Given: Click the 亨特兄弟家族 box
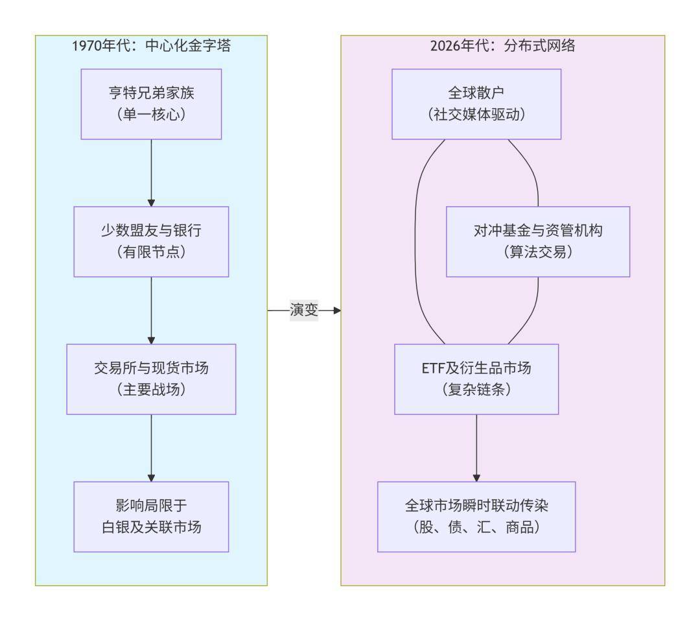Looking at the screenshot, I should (x=151, y=104).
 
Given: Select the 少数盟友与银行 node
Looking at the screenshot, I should (x=151, y=241).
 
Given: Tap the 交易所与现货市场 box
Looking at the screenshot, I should (x=151, y=379).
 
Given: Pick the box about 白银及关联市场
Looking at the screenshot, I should (x=151, y=516).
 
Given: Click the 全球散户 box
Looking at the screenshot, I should (x=476, y=104).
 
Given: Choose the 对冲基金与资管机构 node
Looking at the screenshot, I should (x=538, y=241).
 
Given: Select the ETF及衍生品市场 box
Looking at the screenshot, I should (x=476, y=379).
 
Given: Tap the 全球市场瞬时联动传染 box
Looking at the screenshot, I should (x=476, y=516).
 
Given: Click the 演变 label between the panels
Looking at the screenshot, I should (x=303, y=310).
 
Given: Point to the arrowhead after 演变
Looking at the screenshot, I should (x=336, y=310).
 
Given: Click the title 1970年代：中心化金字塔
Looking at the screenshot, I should (x=151, y=46).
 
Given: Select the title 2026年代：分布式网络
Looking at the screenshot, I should (x=502, y=46).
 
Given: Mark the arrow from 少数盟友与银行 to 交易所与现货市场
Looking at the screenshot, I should (x=151, y=310).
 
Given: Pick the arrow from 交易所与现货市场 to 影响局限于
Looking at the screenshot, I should (x=151, y=447).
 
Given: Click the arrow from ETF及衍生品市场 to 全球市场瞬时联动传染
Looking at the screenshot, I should (x=476, y=447).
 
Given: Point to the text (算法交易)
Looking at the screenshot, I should (x=538, y=253).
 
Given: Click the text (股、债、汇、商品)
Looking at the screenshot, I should (x=476, y=528).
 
